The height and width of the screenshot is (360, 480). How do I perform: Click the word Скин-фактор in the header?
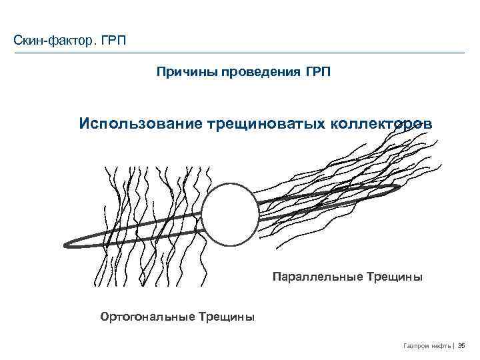(55, 41)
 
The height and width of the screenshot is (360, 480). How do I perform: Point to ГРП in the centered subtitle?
(317, 71)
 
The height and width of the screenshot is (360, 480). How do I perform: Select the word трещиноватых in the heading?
(265, 124)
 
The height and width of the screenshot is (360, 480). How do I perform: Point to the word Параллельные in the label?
(317, 276)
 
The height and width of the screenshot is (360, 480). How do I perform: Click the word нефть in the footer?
(441, 345)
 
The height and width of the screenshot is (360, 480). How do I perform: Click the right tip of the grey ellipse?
(400, 188)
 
